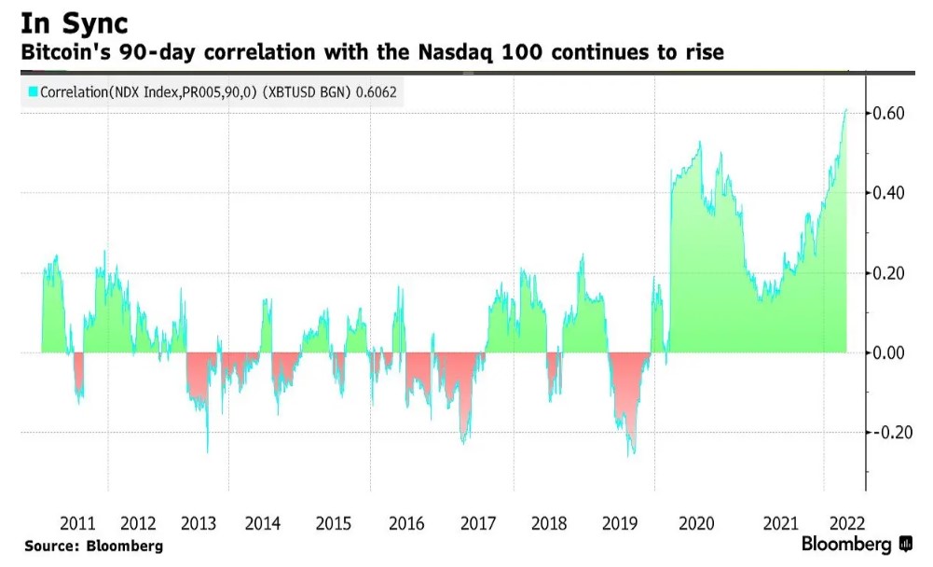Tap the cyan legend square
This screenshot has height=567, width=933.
click(x=32, y=91)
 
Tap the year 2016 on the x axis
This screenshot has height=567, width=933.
click(x=405, y=523)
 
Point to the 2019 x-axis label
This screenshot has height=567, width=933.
click(x=621, y=523)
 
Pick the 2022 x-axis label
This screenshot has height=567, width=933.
click(x=846, y=523)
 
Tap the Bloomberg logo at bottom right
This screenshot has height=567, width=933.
click(x=856, y=544)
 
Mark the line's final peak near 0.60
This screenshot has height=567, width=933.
click(x=846, y=110)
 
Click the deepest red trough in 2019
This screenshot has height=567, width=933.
click(x=633, y=454)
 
